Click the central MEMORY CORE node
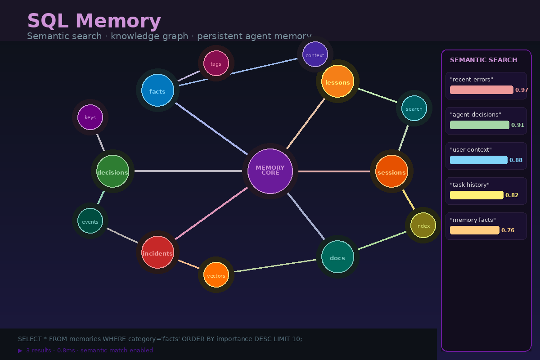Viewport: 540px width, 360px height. click(270, 171)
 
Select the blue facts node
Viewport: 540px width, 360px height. click(157, 90)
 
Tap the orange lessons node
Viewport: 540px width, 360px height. click(337, 81)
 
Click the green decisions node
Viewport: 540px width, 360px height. click(112, 171)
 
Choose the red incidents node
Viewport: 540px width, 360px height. click(157, 252)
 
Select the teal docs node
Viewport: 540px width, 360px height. click(337, 257)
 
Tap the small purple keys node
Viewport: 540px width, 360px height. click(90, 117)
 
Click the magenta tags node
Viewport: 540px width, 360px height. click(216, 63)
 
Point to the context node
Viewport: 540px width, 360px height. click(315, 54)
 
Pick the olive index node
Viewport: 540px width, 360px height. click(423, 225)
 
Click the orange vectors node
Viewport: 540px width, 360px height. click(216, 275)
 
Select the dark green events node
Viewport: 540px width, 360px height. click(90, 221)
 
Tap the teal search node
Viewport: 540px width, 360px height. click(414, 108)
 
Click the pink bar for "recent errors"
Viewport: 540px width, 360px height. click(481, 90)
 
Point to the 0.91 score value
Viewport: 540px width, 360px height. click(517, 125)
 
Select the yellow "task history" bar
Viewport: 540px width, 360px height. click(477, 195)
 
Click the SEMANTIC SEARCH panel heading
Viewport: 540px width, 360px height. click(483, 60)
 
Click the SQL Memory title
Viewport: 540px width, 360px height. click(94, 21)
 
